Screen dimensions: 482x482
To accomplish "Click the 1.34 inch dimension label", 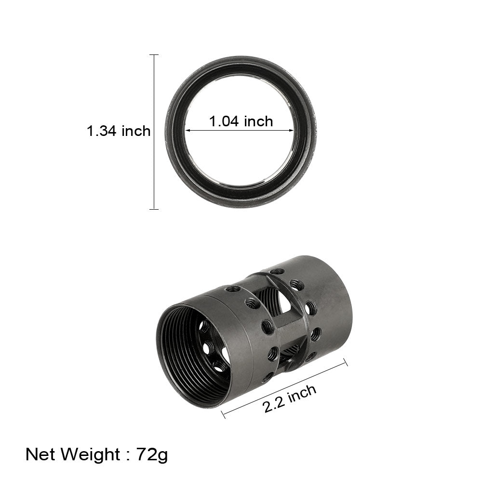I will pyautogui.click(x=118, y=131).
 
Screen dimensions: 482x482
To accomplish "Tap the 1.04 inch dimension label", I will pyautogui.click(x=241, y=121).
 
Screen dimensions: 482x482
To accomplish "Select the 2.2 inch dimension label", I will pyautogui.click(x=290, y=399).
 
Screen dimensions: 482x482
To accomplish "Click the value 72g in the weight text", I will pyautogui.click(x=152, y=454).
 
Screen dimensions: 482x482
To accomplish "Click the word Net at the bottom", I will pyautogui.click(x=41, y=454).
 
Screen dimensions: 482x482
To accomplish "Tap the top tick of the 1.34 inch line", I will pyautogui.click(x=154, y=55).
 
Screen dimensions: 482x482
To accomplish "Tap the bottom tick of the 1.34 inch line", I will pyautogui.click(x=154, y=209).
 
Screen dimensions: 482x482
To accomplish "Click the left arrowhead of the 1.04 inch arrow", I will pyautogui.click(x=187, y=131).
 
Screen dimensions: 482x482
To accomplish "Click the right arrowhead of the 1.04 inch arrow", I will pyautogui.click(x=292, y=131).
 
